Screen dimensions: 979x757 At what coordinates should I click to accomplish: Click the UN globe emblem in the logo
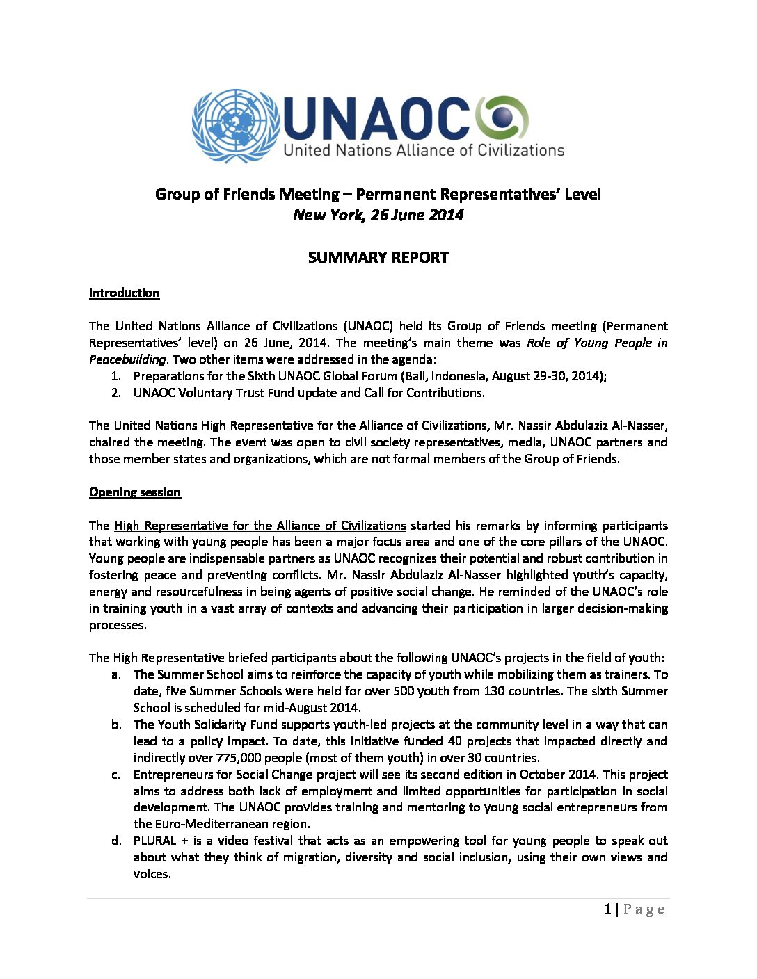(x=235, y=126)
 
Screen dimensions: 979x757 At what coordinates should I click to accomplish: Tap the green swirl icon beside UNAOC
(x=502, y=118)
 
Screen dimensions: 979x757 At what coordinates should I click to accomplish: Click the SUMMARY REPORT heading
(x=378, y=257)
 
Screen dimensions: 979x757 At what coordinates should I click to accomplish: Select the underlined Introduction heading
(x=124, y=293)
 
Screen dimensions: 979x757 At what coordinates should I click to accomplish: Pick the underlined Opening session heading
(x=134, y=492)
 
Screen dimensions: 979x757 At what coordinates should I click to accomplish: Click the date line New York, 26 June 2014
(x=378, y=215)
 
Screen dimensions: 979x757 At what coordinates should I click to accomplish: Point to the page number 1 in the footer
(x=608, y=909)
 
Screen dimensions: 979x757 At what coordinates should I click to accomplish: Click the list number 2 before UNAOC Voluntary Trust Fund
(x=116, y=393)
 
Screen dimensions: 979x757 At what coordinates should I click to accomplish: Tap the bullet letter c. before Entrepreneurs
(x=116, y=775)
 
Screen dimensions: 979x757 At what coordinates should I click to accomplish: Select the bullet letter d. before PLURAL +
(x=116, y=841)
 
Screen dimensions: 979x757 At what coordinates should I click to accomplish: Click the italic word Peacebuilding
(x=127, y=359)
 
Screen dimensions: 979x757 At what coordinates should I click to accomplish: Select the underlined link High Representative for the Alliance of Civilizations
(x=260, y=526)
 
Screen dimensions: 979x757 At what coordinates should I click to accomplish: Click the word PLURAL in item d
(x=154, y=841)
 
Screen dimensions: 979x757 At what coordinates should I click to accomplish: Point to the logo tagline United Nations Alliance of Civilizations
(x=424, y=150)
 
